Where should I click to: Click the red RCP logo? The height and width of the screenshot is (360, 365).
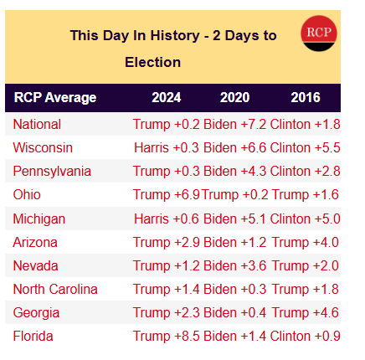(x=317, y=33)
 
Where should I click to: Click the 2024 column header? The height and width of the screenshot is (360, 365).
(x=166, y=98)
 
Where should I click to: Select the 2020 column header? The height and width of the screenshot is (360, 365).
(x=234, y=98)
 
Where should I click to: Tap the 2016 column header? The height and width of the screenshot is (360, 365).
(x=305, y=98)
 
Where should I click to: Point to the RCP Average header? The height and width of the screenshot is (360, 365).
(x=54, y=98)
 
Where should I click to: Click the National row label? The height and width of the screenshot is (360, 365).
(x=37, y=124)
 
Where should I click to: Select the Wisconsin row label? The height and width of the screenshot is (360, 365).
(x=43, y=147)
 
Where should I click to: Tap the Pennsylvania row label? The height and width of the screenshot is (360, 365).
(x=52, y=171)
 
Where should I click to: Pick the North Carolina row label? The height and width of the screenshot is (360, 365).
(x=55, y=289)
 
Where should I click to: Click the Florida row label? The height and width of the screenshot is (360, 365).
(x=33, y=336)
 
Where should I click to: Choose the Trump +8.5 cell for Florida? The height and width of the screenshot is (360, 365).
(x=167, y=336)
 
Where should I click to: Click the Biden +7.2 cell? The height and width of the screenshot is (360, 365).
(x=235, y=124)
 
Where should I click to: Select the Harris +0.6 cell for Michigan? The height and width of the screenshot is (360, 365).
(x=167, y=219)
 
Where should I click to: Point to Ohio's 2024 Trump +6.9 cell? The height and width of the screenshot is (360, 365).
(x=167, y=194)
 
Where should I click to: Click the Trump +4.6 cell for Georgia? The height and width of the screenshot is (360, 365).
(x=306, y=312)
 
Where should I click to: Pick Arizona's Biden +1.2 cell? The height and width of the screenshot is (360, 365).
(x=235, y=242)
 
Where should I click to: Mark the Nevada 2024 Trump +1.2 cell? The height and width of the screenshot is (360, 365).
(x=167, y=265)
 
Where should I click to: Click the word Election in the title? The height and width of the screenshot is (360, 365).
(x=152, y=62)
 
